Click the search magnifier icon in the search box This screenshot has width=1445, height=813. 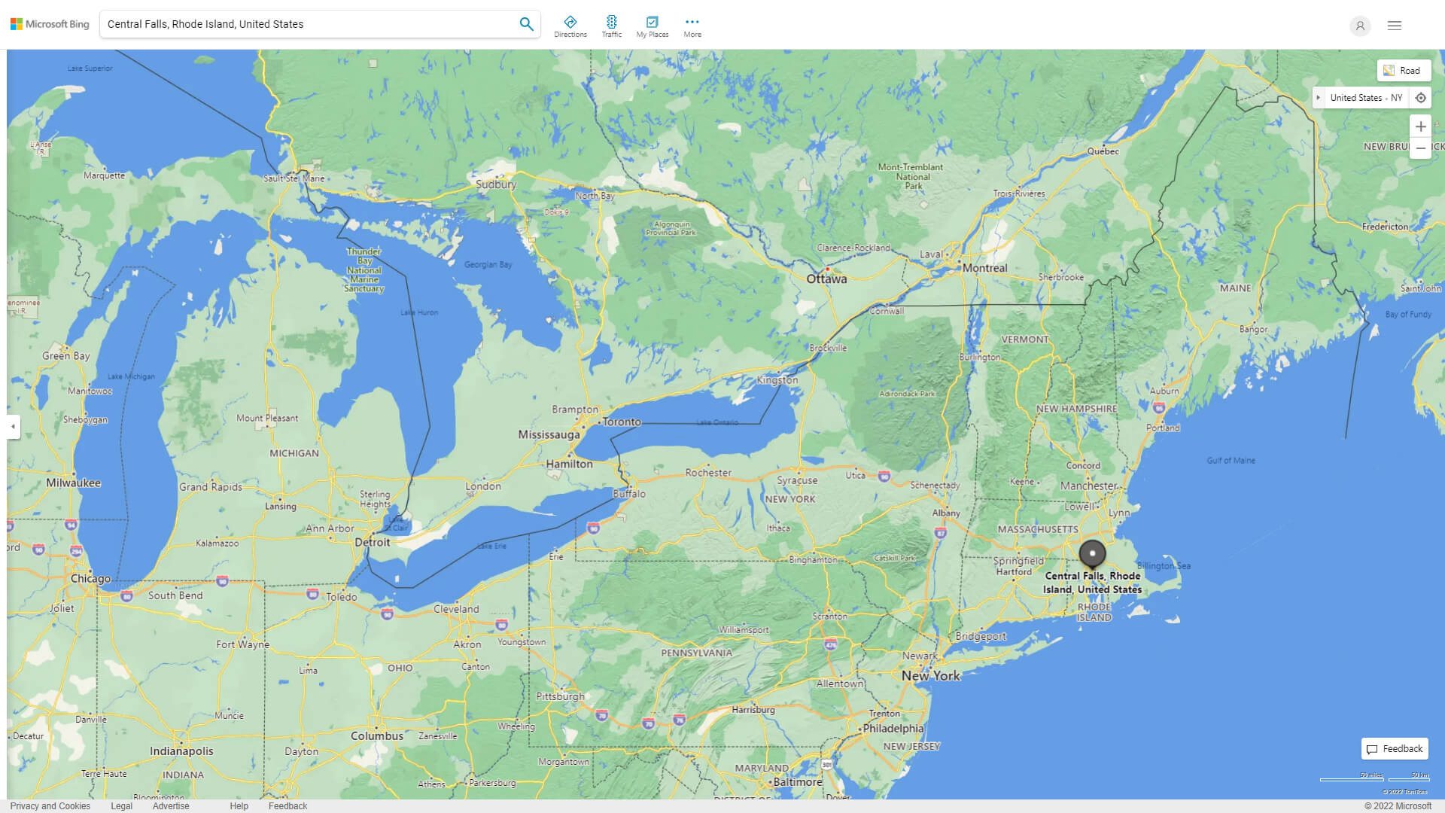tap(526, 24)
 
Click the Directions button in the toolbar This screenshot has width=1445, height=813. tap(570, 26)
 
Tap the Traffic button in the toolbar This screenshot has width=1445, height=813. tap(611, 26)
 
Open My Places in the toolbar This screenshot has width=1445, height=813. tap(652, 26)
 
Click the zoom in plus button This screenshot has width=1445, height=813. tap(1420, 126)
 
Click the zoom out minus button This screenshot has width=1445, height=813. tap(1420, 148)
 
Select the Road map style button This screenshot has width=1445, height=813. tap(1404, 71)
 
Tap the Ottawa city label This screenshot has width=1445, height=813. tap(826, 279)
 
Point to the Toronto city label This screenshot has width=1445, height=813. tap(622, 422)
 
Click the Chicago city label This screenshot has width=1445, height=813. tap(90, 579)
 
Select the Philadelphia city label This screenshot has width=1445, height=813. tap(893, 729)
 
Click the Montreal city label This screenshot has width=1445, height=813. tap(984, 268)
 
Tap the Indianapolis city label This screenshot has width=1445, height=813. tap(181, 751)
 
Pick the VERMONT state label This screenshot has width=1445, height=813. tap(1024, 340)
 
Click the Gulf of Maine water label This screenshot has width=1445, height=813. tap(1231, 461)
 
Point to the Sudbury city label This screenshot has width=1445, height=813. tap(496, 184)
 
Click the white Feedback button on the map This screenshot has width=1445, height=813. tap(1395, 749)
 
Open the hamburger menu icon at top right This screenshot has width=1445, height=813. tap(1394, 26)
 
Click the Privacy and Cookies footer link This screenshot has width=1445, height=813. tap(50, 806)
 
